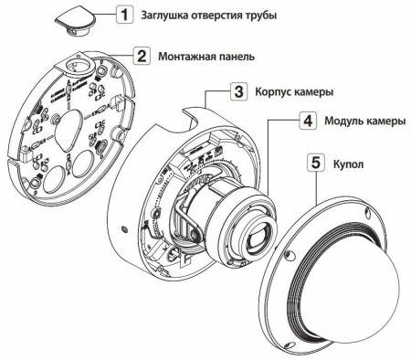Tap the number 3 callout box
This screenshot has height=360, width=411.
(x=236, y=91)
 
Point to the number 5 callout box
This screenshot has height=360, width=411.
(x=314, y=164)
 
